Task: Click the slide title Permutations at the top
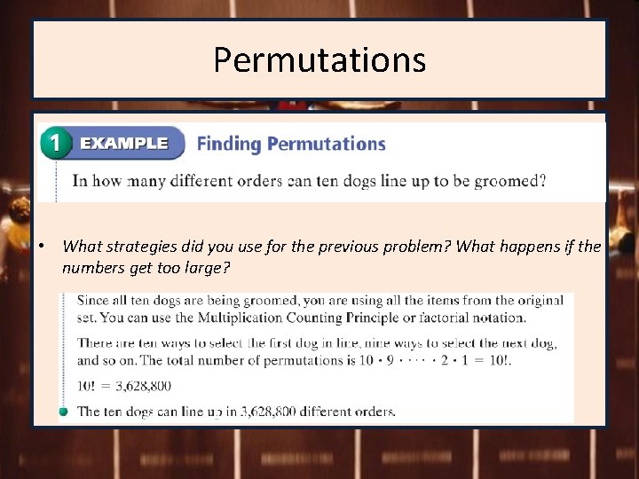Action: [319, 60]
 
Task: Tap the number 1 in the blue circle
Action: [55, 144]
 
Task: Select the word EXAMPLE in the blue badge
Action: [123, 144]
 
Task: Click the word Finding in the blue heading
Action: [229, 144]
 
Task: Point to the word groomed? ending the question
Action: [509, 181]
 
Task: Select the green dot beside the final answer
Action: [64, 412]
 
